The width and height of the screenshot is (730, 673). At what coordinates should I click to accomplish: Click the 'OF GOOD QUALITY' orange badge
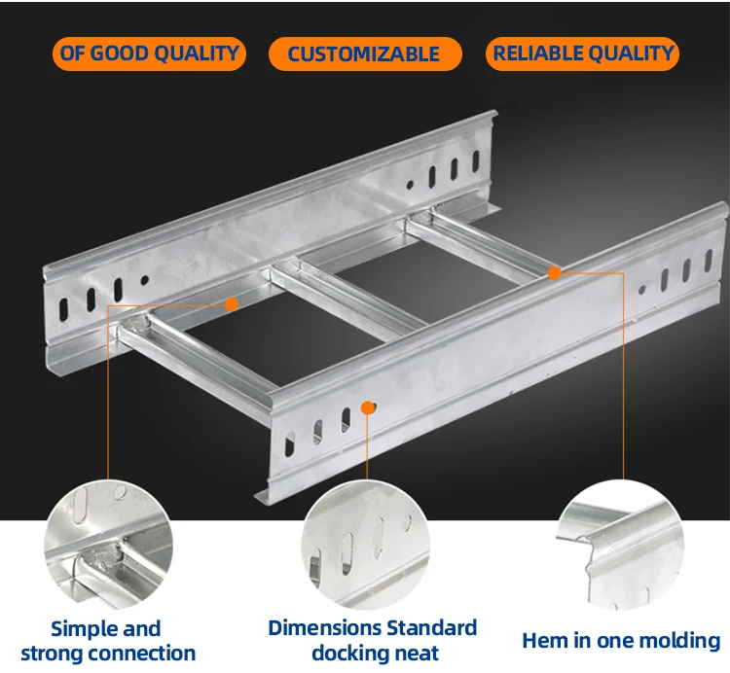(149, 53)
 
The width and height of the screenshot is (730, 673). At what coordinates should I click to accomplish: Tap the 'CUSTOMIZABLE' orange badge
(365, 53)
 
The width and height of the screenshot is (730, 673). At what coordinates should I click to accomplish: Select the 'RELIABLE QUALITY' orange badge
(582, 53)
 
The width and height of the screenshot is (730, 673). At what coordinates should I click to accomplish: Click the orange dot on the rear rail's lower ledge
(232, 304)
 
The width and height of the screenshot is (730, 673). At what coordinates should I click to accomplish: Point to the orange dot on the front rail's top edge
(554, 273)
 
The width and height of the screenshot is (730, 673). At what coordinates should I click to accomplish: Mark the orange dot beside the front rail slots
(368, 407)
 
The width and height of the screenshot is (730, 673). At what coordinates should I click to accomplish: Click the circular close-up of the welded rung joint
(108, 545)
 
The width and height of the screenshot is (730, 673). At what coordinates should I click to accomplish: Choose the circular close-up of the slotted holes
(365, 545)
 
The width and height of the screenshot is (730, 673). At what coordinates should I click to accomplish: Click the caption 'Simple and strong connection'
(108, 641)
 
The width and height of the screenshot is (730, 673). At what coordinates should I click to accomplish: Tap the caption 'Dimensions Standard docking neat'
(373, 641)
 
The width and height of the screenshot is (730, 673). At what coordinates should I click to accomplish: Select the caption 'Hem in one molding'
(621, 641)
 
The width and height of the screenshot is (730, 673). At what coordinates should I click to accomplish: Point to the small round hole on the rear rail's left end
(145, 280)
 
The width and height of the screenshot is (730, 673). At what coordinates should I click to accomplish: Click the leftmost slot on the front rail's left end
(289, 443)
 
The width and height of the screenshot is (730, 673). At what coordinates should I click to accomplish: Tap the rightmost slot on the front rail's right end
(709, 261)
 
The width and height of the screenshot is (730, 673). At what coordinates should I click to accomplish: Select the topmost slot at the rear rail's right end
(475, 160)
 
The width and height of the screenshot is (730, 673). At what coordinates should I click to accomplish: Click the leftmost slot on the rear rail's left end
(63, 310)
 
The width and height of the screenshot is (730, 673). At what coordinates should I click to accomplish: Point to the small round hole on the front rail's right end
(642, 290)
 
